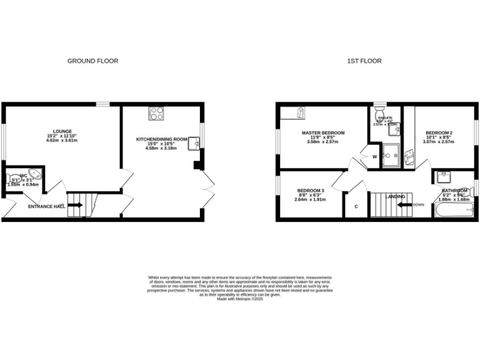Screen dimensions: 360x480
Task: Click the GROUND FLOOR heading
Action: tap(92, 61)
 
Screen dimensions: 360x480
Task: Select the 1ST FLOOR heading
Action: tap(364, 61)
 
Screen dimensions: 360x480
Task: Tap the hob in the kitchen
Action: tap(156, 114)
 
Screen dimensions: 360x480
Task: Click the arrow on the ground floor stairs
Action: tap(75, 204)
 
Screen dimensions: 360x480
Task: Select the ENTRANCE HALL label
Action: tap(46, 206)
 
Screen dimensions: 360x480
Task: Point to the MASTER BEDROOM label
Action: tap(322, 133)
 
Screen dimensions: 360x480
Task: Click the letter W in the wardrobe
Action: tap(374, 156)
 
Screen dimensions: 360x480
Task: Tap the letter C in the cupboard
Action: tap(356, 206)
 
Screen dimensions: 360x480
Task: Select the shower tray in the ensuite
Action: tap(391, 153)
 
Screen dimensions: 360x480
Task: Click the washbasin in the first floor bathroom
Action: tap(444, 176)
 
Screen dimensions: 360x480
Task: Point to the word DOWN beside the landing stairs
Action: tap(418, 204)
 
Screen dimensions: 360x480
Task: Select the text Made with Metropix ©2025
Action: tap(240, 299)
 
